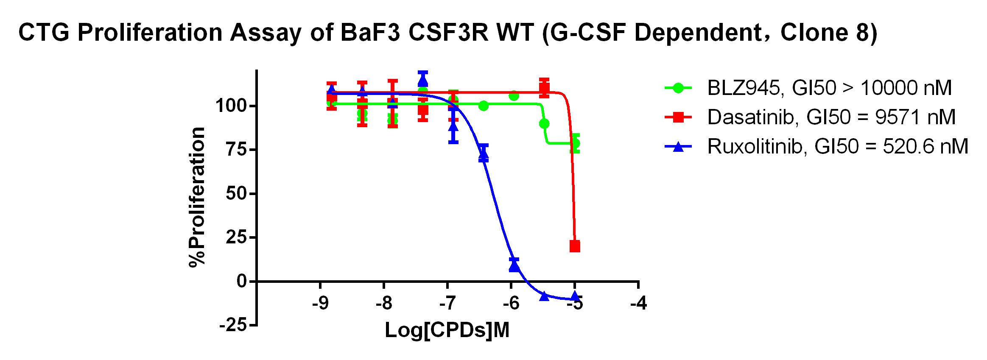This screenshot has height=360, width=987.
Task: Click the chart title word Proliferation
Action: (150, 33)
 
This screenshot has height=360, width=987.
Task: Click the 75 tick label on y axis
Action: (236, 149)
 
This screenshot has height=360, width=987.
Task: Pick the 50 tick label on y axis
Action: (236, 193)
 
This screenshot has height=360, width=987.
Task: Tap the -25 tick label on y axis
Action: (233, 325)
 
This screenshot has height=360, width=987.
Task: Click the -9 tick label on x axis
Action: (320, 304)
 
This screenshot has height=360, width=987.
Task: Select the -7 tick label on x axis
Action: (447, 304)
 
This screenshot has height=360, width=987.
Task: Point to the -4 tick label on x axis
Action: (638, 304)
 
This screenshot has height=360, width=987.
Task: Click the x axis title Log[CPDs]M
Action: (447, 330)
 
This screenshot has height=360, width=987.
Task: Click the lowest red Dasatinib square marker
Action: (575, 246)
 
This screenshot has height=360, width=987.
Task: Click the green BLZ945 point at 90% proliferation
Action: (544, 124)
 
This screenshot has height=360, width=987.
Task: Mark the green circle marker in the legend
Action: (678, 88)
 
